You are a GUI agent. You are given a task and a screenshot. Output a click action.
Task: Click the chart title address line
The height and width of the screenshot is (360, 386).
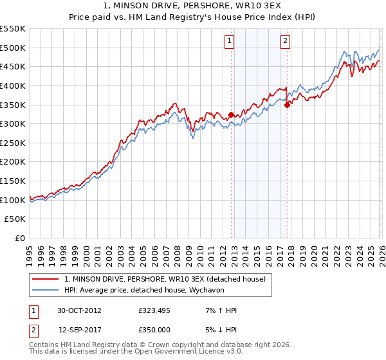(x=193, y=6)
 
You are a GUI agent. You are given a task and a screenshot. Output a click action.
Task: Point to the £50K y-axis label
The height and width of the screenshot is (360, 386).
(x=15, y=219)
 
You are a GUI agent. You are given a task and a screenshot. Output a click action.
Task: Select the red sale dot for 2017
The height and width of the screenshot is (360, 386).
(x=287, y=105)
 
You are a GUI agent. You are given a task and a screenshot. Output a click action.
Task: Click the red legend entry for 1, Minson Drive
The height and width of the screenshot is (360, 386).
(x=169, y=279)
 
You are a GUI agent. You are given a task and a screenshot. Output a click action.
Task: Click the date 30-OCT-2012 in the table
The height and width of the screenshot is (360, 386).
(x=79, y=310)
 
